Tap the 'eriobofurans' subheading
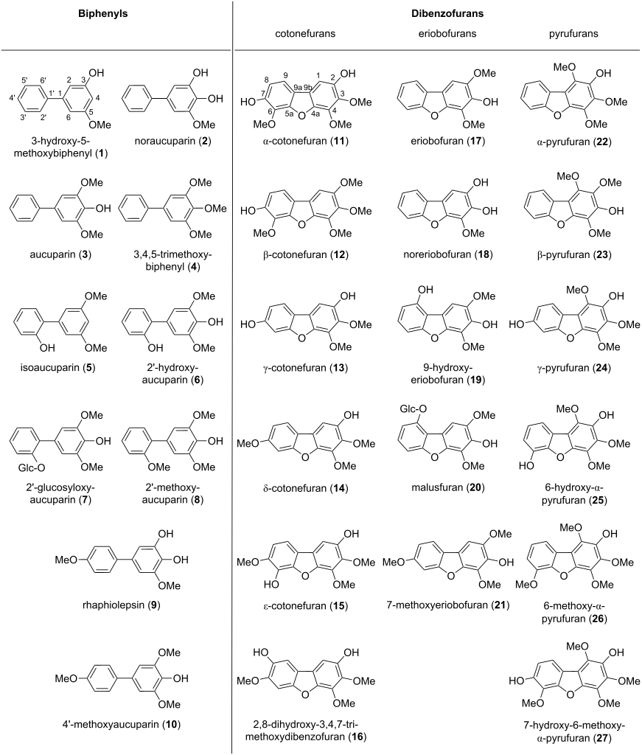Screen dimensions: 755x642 (438, 35)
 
